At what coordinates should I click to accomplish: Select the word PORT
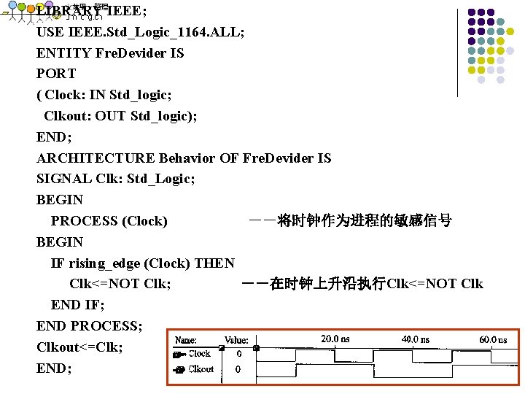(x=56, y=74)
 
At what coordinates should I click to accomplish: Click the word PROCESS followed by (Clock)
(x=84, y=221)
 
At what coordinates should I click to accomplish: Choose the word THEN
(x=215, y=263)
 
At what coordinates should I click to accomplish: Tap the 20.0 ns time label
(x=335, y=339)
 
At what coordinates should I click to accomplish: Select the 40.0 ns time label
(x=415, y=339)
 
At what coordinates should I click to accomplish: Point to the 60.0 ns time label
(x=493, y=339)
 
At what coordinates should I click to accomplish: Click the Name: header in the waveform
(x=186, y=340)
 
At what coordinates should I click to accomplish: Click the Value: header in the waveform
(x=236, y=340)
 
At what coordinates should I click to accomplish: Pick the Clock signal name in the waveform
(x=199, y=354)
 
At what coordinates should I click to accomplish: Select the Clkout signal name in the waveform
(x=201, y=369)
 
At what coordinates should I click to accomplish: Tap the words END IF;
(x=78, y=305)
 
